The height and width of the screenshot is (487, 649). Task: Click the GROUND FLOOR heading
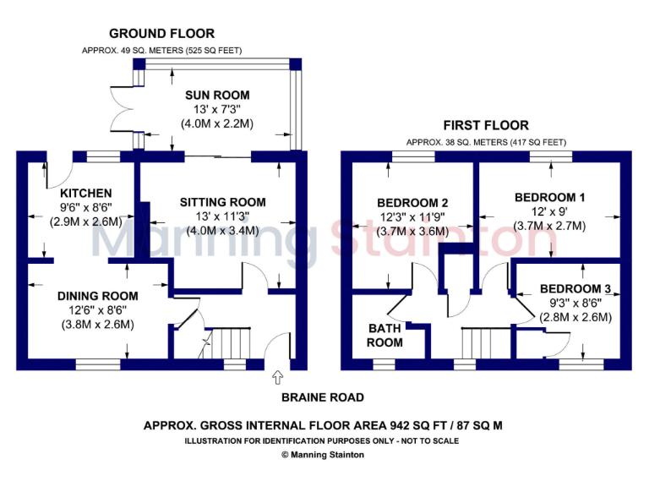point(161,34)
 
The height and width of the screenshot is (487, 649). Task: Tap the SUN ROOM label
point(217,95)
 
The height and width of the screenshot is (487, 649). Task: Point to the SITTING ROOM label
point(222,202)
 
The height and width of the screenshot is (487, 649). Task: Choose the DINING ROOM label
point(97,296)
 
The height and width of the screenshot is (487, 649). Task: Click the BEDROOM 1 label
point(550,197)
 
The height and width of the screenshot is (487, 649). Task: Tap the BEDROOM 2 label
point(412,202)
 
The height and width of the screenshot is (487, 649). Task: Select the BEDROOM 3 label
point(575,288)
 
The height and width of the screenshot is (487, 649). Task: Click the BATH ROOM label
point(385,335)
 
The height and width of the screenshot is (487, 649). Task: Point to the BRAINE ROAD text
point(324,397)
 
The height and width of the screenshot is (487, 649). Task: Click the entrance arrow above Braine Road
point(280,376)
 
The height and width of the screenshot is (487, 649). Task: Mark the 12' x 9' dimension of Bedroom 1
point(550,211)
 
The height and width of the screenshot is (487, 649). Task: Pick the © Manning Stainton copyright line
point(324,454)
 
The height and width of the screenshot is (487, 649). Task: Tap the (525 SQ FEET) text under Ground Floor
point(208,51)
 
